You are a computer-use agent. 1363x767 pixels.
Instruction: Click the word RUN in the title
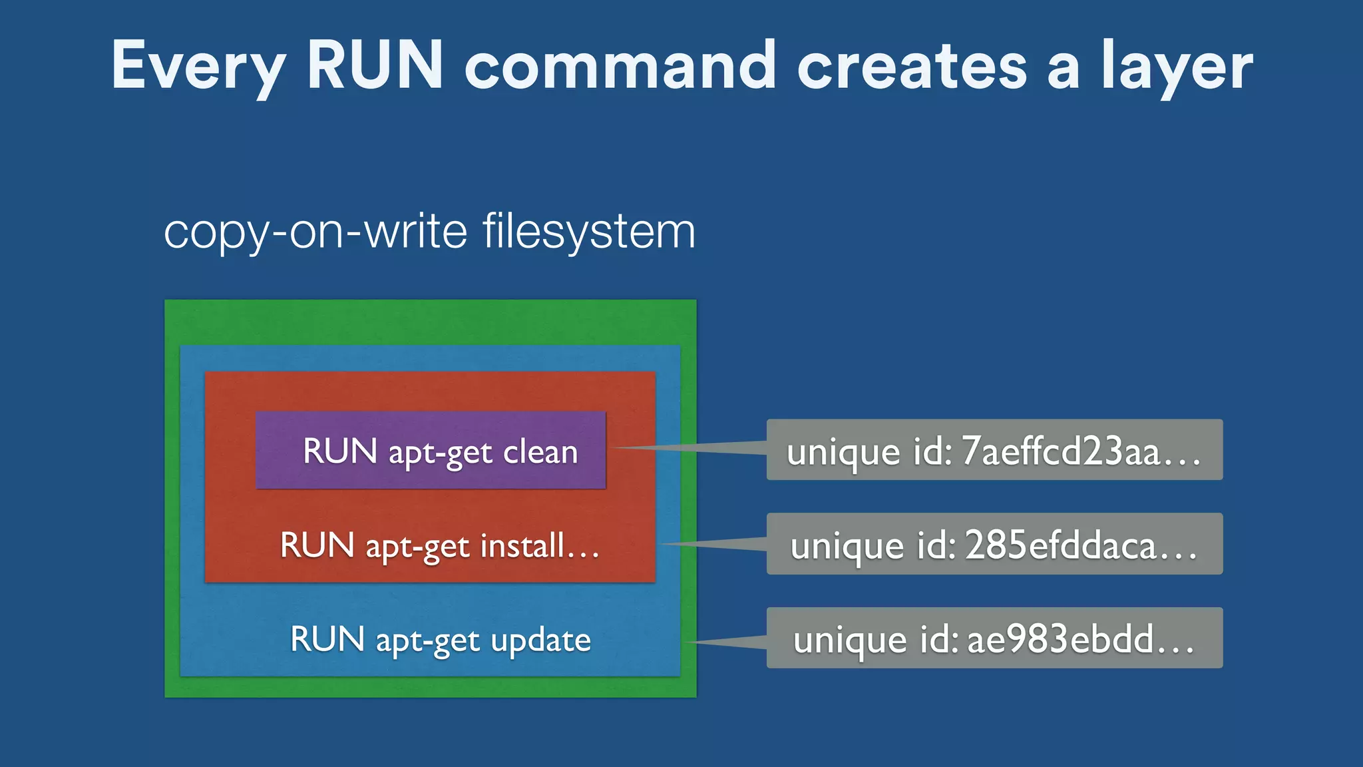375,65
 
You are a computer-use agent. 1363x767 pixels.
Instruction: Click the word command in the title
620,65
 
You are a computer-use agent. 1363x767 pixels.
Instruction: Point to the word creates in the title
912,67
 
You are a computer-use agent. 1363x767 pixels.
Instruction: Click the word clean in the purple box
540,452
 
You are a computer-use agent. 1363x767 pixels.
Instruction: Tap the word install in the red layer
522,545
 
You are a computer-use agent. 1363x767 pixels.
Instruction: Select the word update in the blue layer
540,640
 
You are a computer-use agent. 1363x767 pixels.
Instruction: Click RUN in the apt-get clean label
340,451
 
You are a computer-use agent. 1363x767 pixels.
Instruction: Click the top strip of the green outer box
430,322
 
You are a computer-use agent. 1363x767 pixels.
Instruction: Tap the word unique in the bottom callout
849,640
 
